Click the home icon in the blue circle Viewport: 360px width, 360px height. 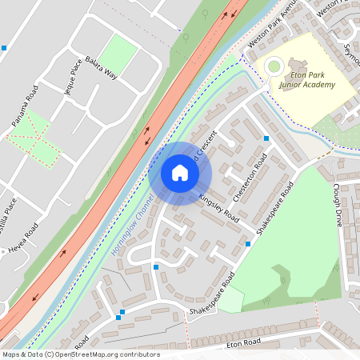180,173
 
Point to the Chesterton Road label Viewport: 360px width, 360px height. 248,182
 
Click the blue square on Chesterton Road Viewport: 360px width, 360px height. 266,138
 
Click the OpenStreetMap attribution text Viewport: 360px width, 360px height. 80,354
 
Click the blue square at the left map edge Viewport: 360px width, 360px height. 3,48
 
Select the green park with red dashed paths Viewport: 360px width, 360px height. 34,138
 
